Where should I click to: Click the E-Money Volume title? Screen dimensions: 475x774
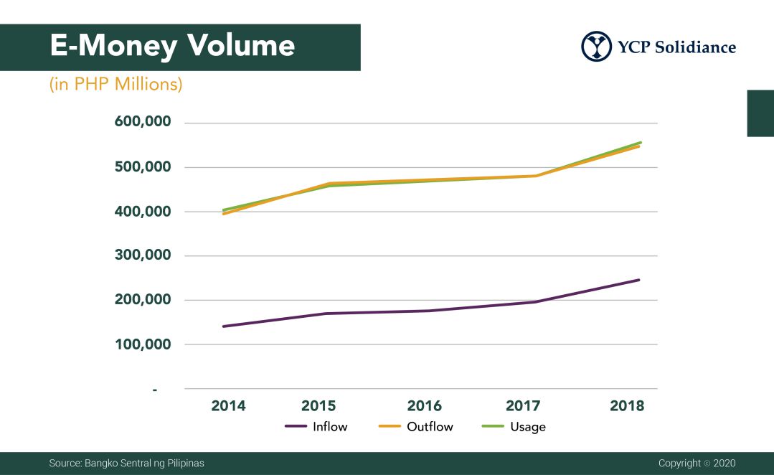click(172, 46)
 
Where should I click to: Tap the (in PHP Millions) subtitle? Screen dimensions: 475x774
click(115, 85)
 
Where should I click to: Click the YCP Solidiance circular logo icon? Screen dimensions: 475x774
click(597, 47)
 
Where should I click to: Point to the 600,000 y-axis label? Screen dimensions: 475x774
click(143, 123)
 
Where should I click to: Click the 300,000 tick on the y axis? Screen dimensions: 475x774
click(143, 255)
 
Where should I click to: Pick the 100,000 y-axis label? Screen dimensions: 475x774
click(143, 344)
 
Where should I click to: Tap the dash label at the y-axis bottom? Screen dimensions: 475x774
click(154, 389)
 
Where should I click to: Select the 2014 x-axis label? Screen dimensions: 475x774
click(228, 406)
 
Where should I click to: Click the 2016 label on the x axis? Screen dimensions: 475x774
click(425, 406)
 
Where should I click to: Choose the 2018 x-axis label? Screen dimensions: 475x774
click(627, 406)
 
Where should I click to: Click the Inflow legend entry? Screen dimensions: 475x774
click(316, 427)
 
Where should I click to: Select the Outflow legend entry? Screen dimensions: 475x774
click(415, 427)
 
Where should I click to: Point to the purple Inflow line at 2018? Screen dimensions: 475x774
click(638, 280)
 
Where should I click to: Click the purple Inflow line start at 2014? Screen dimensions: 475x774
click(224, 326)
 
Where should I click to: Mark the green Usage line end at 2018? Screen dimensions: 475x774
click(640, 142)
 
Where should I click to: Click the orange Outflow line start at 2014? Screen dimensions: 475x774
click(224, 214)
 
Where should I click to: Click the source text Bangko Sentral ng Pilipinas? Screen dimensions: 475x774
click(126, 464)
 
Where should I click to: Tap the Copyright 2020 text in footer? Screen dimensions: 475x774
click(697, 464)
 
